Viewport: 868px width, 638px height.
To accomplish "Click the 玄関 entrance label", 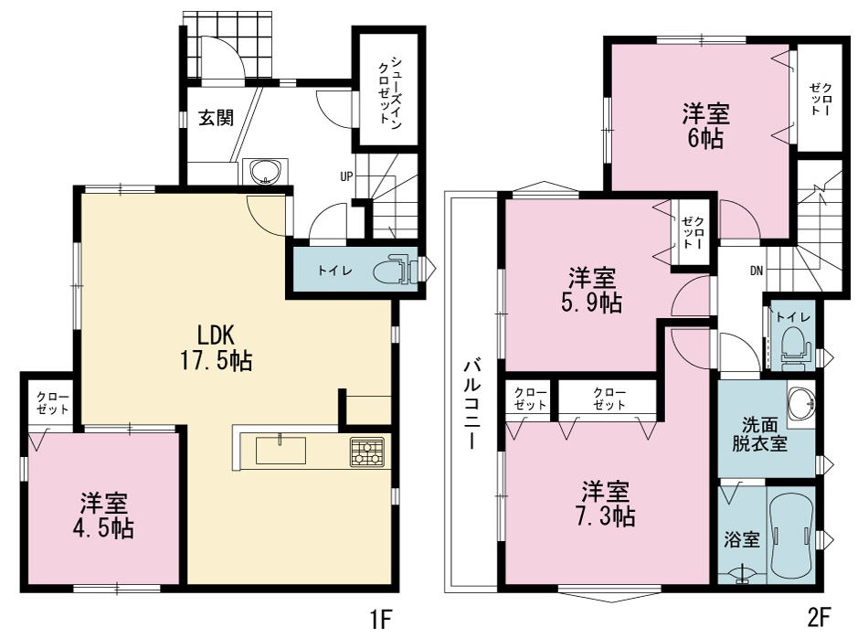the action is [x=216, y=118].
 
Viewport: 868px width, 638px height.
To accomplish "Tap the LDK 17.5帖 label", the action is [x=216, y=348].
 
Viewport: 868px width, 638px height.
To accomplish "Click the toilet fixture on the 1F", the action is [x=394, y=271].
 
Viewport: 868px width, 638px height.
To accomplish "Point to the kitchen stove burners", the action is [x=367, y=452].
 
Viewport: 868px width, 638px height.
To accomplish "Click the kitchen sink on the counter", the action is [x=281, y=450].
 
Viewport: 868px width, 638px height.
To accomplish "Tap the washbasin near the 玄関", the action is [x=266, y=171].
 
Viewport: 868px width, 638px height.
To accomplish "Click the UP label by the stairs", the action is [x=346, y=176].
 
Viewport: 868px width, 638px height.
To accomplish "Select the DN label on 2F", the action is [x=757, y=271].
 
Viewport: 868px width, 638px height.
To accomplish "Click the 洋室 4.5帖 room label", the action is [x=103, y=516].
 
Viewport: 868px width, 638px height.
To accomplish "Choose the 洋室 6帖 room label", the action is [x=705, y=126].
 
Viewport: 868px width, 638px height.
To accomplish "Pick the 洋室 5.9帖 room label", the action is [x=592, y=290].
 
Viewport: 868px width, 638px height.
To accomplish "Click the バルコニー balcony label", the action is [x=472, y=404].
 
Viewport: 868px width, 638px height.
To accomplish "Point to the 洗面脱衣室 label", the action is [x=759, y=434].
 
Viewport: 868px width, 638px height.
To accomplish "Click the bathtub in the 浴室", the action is [x=790, y=536].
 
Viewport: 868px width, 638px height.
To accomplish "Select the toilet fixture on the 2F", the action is [x=794, y=345].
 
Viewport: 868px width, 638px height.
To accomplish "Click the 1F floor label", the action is [x=381, y=618].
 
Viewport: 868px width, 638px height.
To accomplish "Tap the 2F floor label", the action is [x=820, y=617].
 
